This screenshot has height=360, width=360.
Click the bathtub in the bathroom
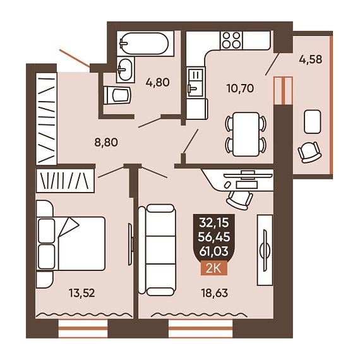(145, 44)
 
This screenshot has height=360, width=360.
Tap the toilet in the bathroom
(117, 95)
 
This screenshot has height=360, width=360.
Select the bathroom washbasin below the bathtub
(125, 69)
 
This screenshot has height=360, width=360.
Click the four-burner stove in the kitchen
(232, 40)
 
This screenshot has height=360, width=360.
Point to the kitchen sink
(195, 82)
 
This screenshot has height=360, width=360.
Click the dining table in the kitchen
(246, 135)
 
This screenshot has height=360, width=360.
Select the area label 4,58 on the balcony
(310, 59)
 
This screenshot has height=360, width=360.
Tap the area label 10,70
(240, 88)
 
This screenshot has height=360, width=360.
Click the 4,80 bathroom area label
(158, 82)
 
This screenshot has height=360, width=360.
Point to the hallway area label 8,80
(106, 142)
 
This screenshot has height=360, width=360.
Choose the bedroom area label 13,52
(81, 293)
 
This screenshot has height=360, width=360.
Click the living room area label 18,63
(215, 293)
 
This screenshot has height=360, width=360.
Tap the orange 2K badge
(214, 268)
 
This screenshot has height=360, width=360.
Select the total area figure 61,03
(214, 251)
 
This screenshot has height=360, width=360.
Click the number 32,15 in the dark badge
(214, 222)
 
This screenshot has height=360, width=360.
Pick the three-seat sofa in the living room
(157, 250)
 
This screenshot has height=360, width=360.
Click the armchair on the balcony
(309, 152)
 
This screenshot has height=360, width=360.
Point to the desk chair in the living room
(239, 200)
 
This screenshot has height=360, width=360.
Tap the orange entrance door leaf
(75, 58)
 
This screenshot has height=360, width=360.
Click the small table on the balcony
(312, 121)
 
